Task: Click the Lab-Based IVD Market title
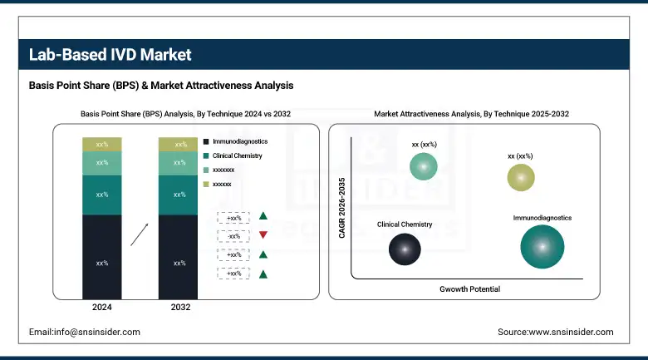click(x=110, y=55)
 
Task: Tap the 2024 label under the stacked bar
click(x=102, y=307)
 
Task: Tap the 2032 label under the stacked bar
click(x=179, y=307)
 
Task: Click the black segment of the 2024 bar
click(x=102, y=262)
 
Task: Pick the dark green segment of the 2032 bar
click(x=179, y=195)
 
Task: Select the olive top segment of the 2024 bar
click(x=102, y=145)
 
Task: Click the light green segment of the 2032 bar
click(x=179, y=163)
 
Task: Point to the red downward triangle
click(x=263, y=235)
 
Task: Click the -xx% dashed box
click(x=233, y=235)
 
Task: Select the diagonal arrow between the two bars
click(x=141, y=234)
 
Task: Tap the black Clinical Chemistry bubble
click(x=405, y=249)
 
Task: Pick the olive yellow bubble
click(x=520, y=177)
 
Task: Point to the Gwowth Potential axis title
click(x=469, y=288)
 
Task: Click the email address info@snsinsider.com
click(x=84, y=332)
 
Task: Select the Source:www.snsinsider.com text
click(x=555, y=332)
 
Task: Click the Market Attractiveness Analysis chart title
click(x=471, y=112)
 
